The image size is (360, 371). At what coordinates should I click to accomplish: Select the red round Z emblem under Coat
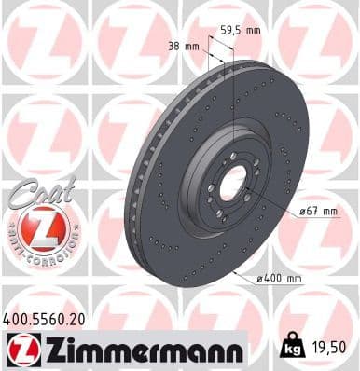(42, 228)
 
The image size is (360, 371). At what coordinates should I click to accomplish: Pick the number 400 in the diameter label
(274, 278)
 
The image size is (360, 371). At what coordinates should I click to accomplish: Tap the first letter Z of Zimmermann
(45, 350)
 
